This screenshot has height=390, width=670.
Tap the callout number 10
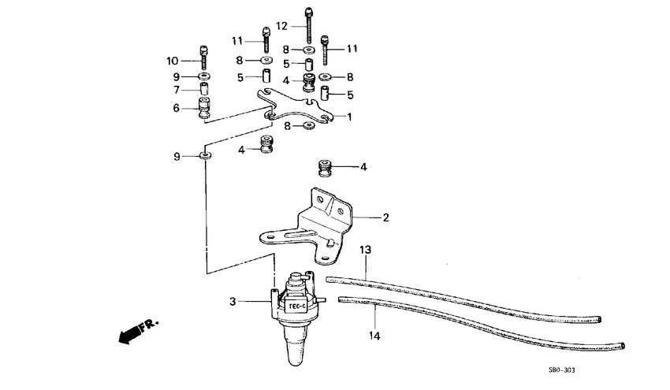pos(173,61)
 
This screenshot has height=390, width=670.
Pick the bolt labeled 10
pos(204,56)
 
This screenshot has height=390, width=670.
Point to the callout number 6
pos(177,108)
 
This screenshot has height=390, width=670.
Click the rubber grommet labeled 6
pos(204,107)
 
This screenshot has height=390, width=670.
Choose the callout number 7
pos(177,90)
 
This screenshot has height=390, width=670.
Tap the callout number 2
pos(385,217)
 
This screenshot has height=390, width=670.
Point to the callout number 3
pos(233,301)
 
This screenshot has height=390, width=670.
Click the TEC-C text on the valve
pos(297,306)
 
